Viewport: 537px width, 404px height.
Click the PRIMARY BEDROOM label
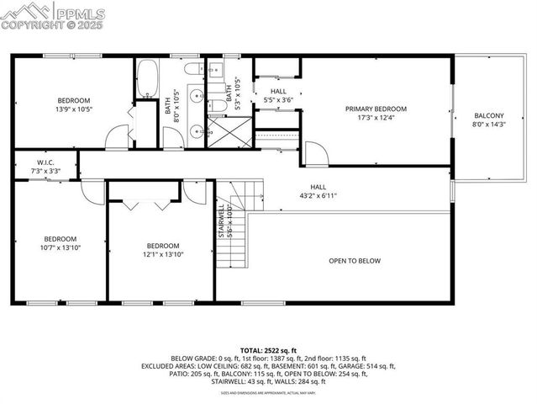coord(376,109)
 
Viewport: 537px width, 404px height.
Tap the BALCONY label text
coord(489,116)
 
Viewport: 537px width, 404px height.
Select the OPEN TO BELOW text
coord(354,261)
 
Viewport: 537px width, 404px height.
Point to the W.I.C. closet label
coord(45,162)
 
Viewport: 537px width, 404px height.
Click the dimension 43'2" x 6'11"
coord(318,196)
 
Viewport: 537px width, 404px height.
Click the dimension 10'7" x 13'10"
coord(61,247)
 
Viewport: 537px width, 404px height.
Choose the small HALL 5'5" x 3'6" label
coord(278,95)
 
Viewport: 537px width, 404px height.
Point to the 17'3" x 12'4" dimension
coord(376,117)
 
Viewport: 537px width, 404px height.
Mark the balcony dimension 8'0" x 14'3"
coord(489,125)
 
